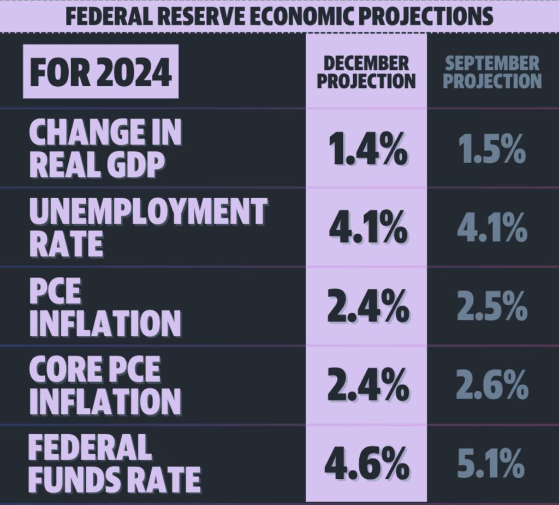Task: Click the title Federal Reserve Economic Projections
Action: click(279, 16)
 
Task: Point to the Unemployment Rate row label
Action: click(147, 227)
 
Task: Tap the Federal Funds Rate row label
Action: click(115, 464)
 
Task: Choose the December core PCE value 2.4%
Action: click(367, 386)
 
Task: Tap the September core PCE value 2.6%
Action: click(491, 386)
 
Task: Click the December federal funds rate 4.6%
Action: click(367, 465)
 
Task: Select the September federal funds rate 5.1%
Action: click(491, 465)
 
